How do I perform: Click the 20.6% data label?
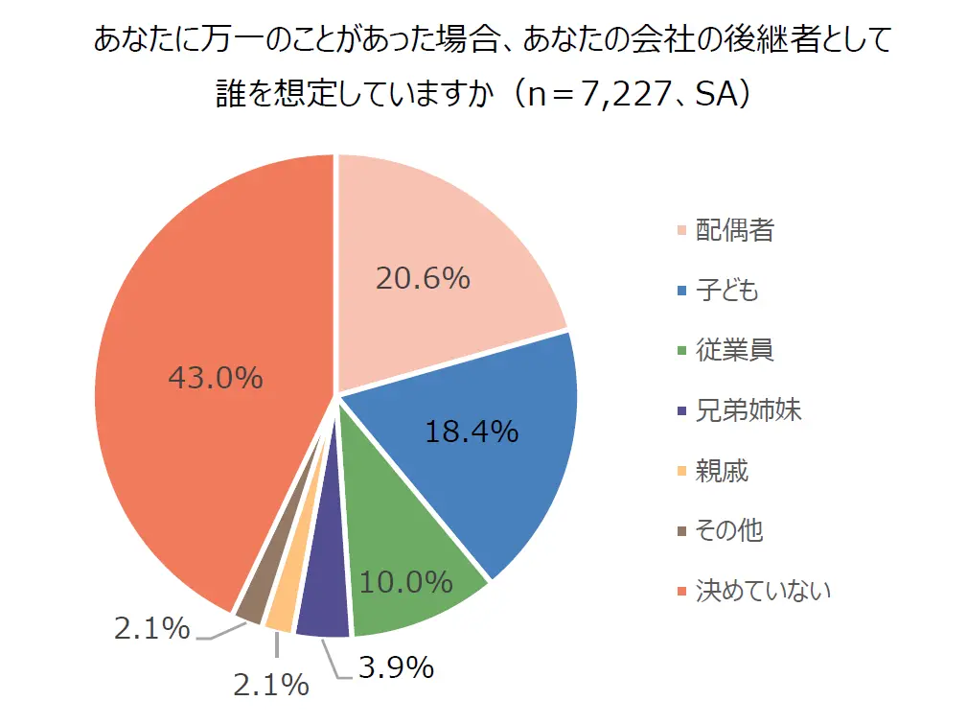(x=423, y=278)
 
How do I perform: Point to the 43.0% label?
(x=216, y=378)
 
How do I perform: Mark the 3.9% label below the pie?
(x=396, y=666)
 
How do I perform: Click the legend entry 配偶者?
(x=734, y=231)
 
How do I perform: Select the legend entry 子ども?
(x=726, y=291)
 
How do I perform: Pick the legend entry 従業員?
(x=734, y=350)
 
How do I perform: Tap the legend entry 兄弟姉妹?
(x=748, y=410)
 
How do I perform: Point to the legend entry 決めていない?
(x=762, y=590)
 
